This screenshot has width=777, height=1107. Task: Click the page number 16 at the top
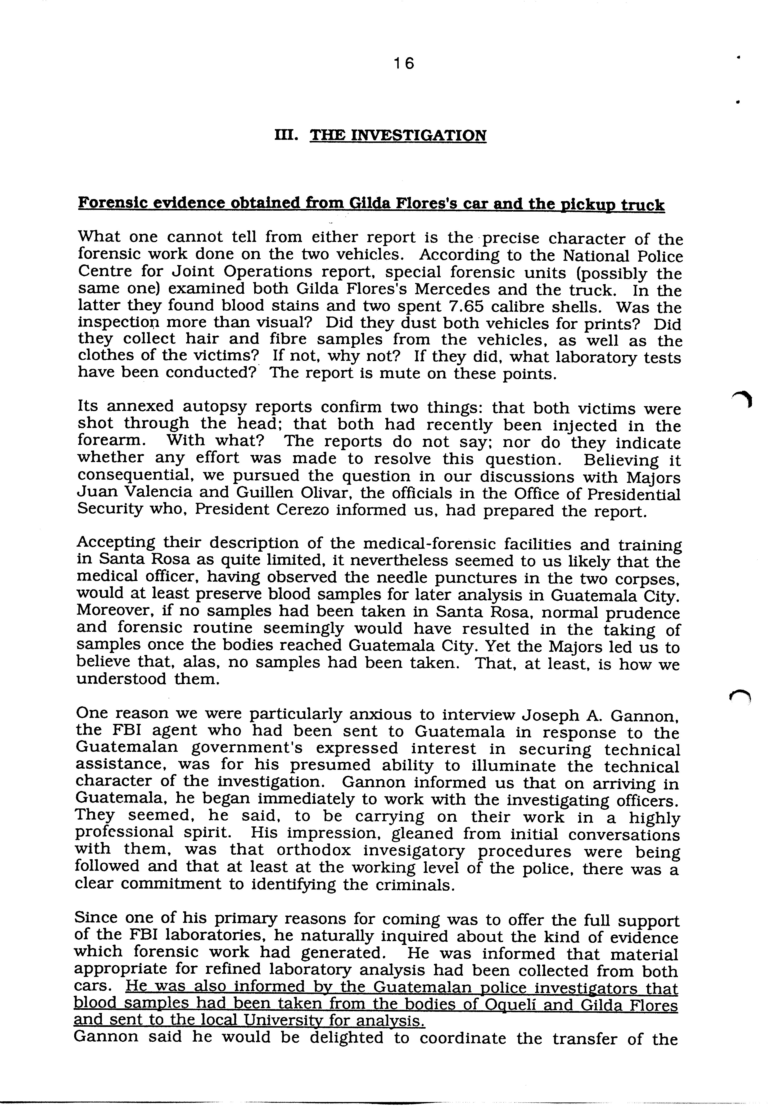coord(403,63)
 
